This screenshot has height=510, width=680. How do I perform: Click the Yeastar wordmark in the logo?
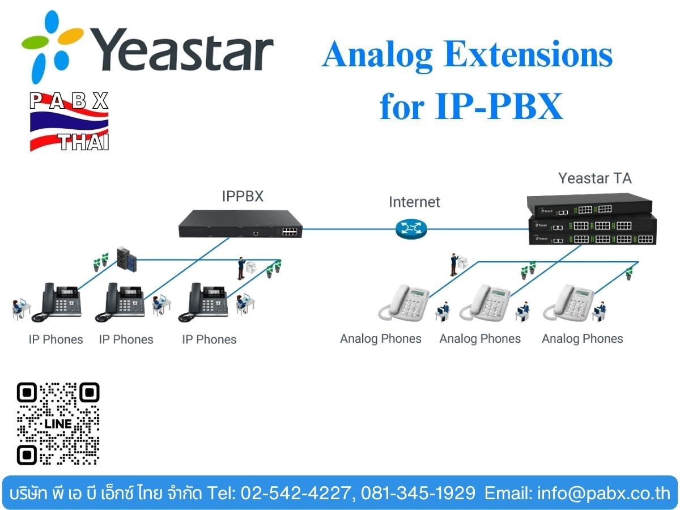point(181,49)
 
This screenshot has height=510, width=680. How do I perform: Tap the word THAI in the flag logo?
point(84,142)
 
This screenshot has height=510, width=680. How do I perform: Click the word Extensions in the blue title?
point(528,54)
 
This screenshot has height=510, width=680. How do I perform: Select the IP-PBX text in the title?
point(499,106)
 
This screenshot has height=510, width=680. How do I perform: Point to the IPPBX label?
point(243,196)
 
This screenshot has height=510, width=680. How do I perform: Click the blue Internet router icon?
point(411,229)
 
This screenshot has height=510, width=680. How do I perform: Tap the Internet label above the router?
point(414,202)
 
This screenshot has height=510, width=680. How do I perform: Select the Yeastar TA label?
point(595,178)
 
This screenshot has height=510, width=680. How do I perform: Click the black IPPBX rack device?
point(240,224)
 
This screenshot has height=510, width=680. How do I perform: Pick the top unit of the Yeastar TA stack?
point(589,206)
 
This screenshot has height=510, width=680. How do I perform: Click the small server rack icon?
point(127,260)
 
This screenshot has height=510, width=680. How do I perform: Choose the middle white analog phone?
point(485,303)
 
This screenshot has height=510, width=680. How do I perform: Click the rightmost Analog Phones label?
point(583,339)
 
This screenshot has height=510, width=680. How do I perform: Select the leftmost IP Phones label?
point(56,339)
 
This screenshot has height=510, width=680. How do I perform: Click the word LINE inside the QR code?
point(58,424)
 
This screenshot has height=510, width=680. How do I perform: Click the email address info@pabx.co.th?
point(604,493)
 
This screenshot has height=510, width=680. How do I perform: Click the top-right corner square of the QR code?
point(89,393)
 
